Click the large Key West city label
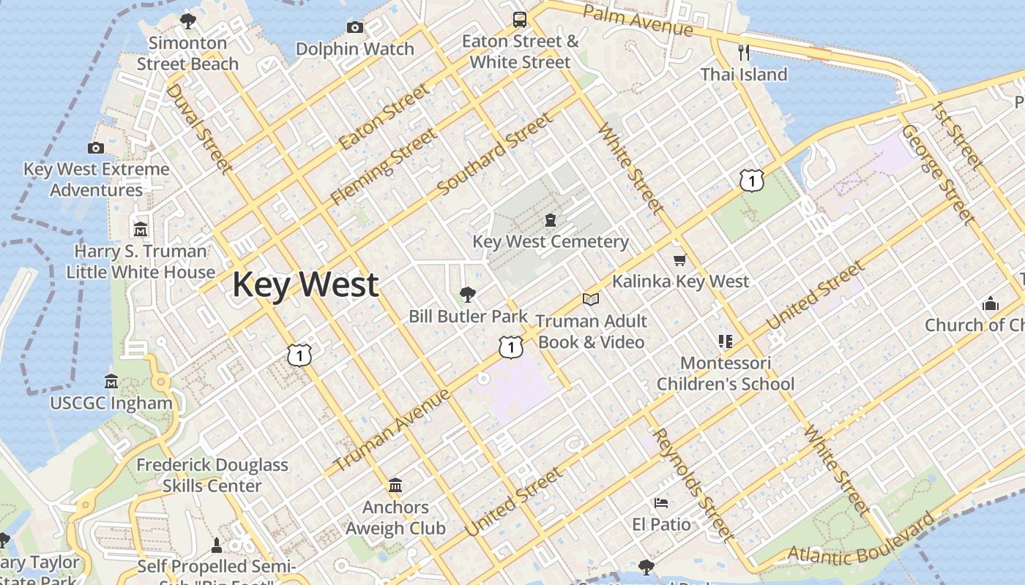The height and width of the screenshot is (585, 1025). pos(305,284)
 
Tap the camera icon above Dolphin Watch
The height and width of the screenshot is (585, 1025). pos(355,28)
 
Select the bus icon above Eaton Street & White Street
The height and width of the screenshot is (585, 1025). pos(520,20)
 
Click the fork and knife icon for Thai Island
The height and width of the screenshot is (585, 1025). pos(744,52)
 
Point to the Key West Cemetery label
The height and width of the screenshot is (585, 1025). pos(551,241)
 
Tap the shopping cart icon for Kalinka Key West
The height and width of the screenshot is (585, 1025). pos(680,260)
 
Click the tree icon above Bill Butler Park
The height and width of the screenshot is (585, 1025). pos(467,295)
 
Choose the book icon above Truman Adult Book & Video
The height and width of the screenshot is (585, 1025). pos(591,299)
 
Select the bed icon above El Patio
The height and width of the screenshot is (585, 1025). pos(660,503)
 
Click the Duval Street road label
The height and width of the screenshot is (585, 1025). pos(198,129)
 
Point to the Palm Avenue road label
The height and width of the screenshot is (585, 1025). pos(638,20)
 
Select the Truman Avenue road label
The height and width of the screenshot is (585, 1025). pos(392,431)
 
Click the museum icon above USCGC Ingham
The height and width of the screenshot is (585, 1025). pos(111,381)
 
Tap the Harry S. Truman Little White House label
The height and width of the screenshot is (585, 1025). pos(141,262)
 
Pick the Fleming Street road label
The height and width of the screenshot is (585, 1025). pos(384,167)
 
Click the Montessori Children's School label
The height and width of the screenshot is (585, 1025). pos(725,374)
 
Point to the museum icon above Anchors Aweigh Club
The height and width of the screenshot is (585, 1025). pos(395,485)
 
